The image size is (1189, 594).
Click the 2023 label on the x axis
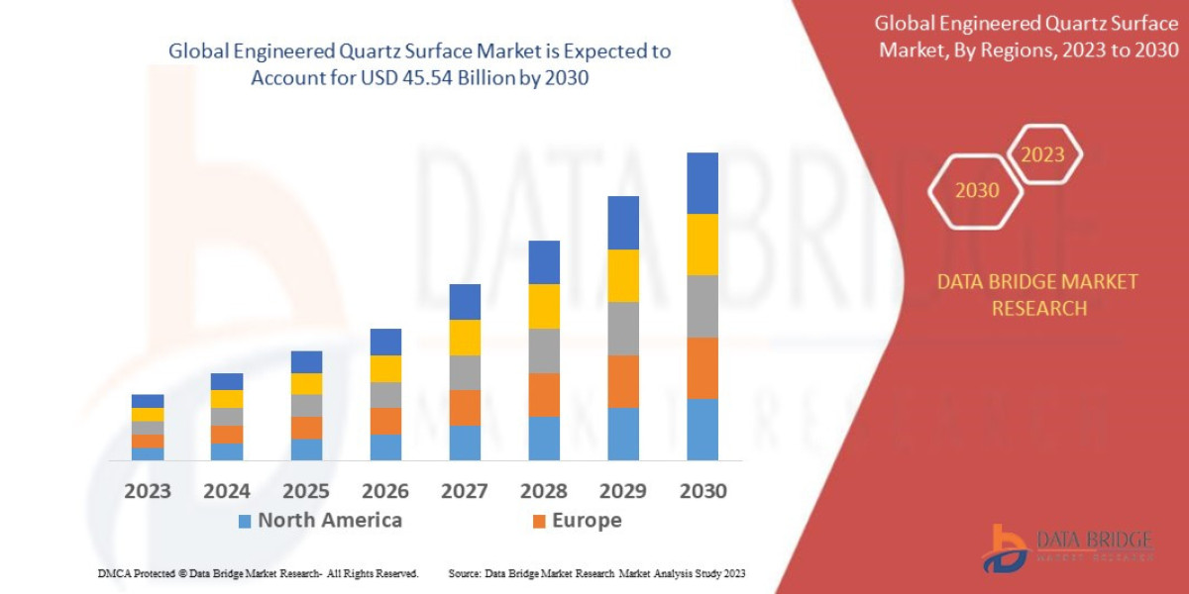tap(147, 491)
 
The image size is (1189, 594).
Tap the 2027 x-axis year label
tap(464, 491)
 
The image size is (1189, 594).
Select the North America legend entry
tap(319, 521)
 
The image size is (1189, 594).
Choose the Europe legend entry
tap(577, 521)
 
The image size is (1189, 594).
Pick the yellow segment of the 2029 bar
tap(623, 275)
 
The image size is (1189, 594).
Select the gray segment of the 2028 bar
tap(544, 350)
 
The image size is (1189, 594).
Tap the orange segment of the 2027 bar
tap(465, 407)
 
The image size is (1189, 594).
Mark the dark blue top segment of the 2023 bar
tap(148, 401)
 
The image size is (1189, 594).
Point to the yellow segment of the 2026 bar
tap(385, 368)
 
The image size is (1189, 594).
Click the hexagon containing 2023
tap(1042, 154)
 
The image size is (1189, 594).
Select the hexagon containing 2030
tap(976, 190)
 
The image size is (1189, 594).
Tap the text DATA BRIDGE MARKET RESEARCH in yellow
tap(1037, 295)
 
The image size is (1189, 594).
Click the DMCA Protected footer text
tap(258, 573)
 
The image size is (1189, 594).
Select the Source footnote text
tap(596, 573)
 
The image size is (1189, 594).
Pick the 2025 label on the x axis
tap(305, 491)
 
